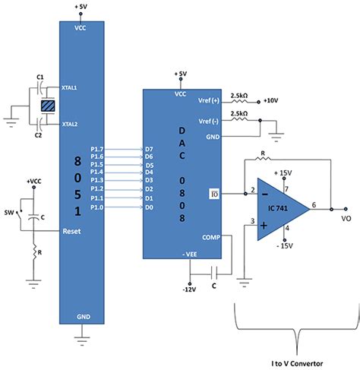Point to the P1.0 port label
pyautogui.click(x=97, y=207)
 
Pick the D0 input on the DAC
pyautogui.click(x=150, y=207)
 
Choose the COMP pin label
pyautogui.click(x=210, y=237)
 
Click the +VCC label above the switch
pyautogui.click(x=34, y=182)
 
